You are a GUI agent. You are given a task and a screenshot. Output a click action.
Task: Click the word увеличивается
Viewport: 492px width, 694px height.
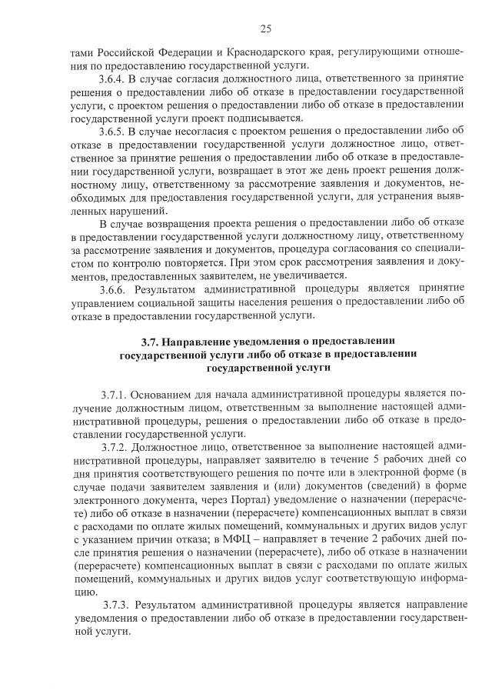[x=311, y=275]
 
